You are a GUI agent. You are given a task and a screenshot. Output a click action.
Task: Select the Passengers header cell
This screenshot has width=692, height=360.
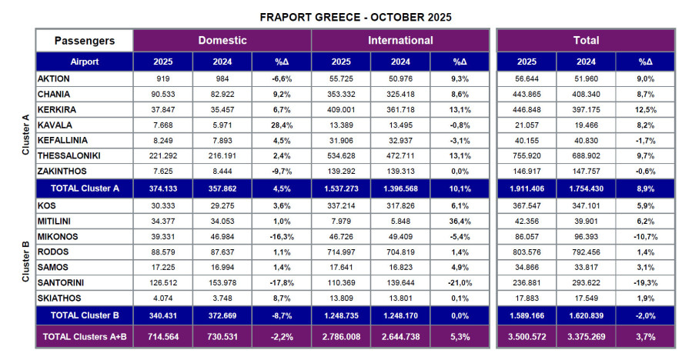(x=84, y=41)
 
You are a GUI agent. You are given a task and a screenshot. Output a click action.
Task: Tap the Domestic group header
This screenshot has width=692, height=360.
(x=222, y=41)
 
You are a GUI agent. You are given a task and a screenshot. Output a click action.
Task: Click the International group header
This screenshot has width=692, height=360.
(x=400, y=41)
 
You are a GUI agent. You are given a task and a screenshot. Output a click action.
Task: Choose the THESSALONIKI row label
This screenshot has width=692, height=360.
(x=73, y=156)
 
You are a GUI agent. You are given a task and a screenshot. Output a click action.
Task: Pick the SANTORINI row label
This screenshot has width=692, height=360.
(x=66, y=282)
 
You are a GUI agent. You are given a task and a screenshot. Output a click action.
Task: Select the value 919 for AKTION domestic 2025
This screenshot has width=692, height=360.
(x=162, y=79)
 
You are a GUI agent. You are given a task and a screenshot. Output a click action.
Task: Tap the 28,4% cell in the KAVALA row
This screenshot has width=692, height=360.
(x=281, y=125)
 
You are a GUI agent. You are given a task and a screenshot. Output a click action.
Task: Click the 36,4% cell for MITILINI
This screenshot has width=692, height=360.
(x=460, y=220)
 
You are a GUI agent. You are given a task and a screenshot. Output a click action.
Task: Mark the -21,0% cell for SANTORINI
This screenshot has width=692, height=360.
(x=460, y=282)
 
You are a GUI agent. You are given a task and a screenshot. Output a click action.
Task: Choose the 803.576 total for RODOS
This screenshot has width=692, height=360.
(x=527, y=251)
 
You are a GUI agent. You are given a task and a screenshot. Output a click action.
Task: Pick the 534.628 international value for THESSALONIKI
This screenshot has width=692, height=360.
(x=341, y=156)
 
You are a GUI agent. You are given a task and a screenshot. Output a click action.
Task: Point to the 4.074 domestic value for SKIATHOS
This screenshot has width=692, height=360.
(x=162, y=297)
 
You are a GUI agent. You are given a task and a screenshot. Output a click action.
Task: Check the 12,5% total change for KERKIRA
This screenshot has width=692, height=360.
(x=645, y=110)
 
